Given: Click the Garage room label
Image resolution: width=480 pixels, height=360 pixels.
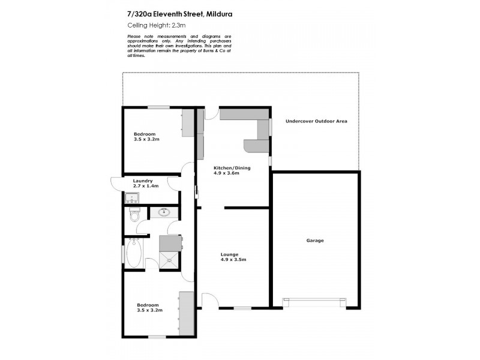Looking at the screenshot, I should (x=315, y=241).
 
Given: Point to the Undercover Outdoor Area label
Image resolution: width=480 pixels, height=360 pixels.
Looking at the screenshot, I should (x=316, y=121).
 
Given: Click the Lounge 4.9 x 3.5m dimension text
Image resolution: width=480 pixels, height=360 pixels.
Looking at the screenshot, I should (x=234, y=260).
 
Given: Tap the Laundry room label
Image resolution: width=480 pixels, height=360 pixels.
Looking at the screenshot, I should (x=143, y=181).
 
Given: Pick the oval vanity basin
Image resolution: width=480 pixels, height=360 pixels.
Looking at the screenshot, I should (x=164, y=212).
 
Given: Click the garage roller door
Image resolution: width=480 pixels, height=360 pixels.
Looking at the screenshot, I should (x=314, y=301).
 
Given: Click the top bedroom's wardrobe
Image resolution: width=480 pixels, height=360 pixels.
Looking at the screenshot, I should (x=188, y=123).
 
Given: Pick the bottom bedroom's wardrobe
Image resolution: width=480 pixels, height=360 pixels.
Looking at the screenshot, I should (x=187, y=314).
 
